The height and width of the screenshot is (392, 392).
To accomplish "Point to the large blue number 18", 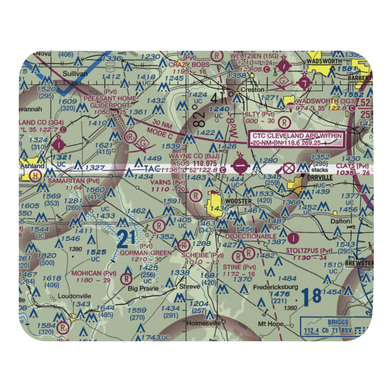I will point(312,296).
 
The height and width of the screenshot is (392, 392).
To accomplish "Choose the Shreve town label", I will point(189,286).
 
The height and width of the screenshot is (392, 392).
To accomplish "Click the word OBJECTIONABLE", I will point(251,236).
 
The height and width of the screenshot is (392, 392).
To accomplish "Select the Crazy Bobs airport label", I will point(185,64).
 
